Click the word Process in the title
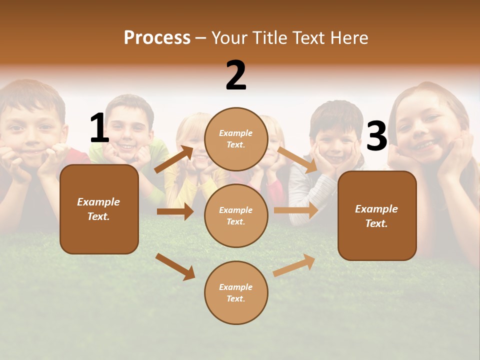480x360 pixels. [x=157, y=37]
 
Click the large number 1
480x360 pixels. [x=99, y=128]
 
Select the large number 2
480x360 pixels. [x=236, y=75]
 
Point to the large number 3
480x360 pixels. [x=376, y=136]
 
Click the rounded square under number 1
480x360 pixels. [x=99, y=209]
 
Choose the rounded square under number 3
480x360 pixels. [x=377, y=215]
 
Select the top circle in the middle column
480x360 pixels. [x=236, y=139]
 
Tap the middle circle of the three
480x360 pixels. [x=236, y=215]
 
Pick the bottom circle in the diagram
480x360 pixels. [x=236, y=292]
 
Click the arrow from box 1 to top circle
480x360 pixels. [x=174, y=159]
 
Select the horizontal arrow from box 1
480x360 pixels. [x=175, y=211]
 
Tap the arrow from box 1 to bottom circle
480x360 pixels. [x=175, y=266]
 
